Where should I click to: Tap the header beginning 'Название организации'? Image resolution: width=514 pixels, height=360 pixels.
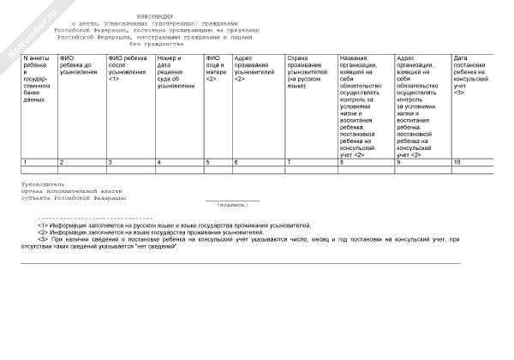365,102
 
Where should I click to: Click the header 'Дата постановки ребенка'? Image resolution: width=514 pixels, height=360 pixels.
470,77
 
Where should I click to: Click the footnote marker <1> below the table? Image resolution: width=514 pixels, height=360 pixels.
43,225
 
